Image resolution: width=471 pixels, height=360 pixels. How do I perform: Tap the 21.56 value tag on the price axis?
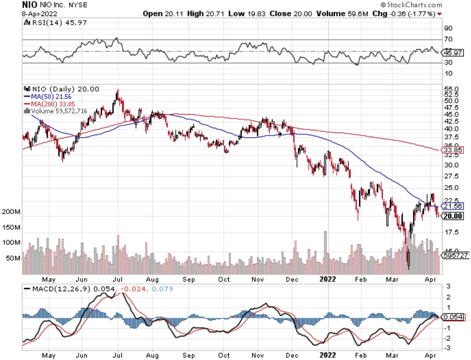click(450, 206)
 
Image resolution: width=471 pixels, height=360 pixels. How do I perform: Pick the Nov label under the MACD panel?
click(258, 355)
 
